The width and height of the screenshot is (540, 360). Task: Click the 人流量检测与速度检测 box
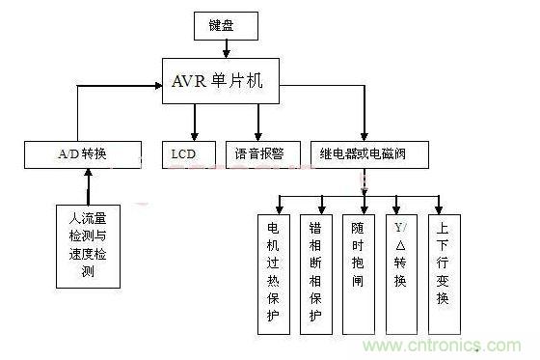pyautogui.click(x=88, y=246)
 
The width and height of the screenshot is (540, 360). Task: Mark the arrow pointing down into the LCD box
pyautogui.click(x=195, y=125)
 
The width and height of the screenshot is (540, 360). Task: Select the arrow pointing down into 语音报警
pyautogui.click(x=257, y=125)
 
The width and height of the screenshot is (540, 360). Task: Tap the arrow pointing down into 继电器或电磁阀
pyautogui.click(x=364, y=125)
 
